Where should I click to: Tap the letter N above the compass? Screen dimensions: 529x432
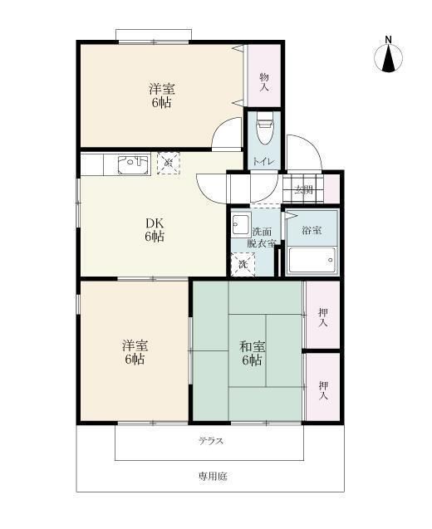point(388,38)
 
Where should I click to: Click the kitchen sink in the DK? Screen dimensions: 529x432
point(131,164)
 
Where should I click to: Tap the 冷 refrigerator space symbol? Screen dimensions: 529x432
point(168,162)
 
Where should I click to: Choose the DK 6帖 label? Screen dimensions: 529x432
point(155,230)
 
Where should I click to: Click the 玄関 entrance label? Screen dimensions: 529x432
point(304,189)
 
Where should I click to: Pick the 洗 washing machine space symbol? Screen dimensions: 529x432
point(243,264)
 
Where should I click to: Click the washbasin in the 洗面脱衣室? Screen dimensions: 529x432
point(241,224)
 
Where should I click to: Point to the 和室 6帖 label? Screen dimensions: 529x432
point(252,353)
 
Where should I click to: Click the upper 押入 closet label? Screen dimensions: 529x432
point(322,317)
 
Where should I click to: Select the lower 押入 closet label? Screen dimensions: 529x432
point(322,388)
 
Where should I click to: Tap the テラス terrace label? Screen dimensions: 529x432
point(210,441)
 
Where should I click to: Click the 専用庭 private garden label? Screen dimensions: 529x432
point(212,476)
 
